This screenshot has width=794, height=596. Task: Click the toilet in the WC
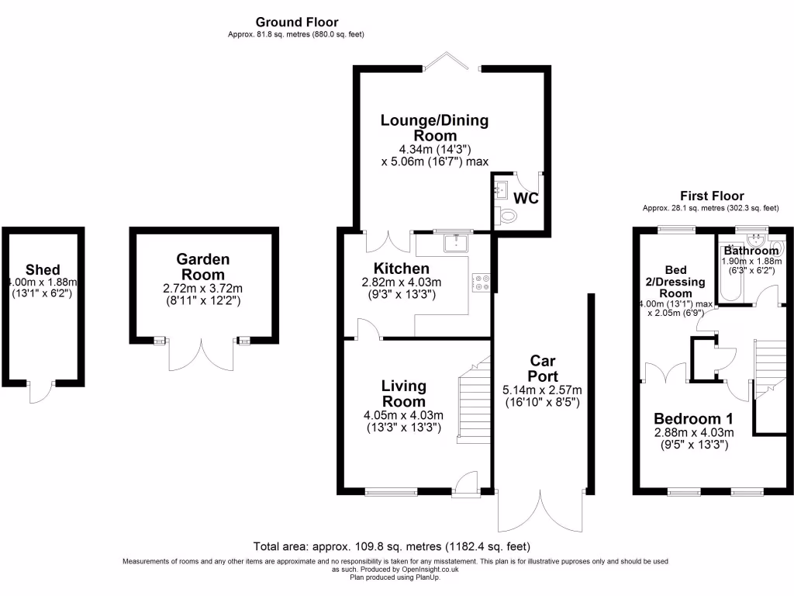tap(508, 217)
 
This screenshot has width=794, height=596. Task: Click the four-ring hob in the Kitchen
tap(481, 282)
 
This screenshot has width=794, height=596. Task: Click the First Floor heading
tap(711, 196)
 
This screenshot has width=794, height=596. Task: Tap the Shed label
tap(43, 269)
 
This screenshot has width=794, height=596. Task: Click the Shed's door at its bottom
tap(42, 392)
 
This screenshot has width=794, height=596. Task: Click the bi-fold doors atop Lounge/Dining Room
tap(453, 61)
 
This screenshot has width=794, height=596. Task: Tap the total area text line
tap(392, 546)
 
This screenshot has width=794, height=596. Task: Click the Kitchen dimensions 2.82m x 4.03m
tap(402, 282)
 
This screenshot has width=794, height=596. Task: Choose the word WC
tap(527, 199)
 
